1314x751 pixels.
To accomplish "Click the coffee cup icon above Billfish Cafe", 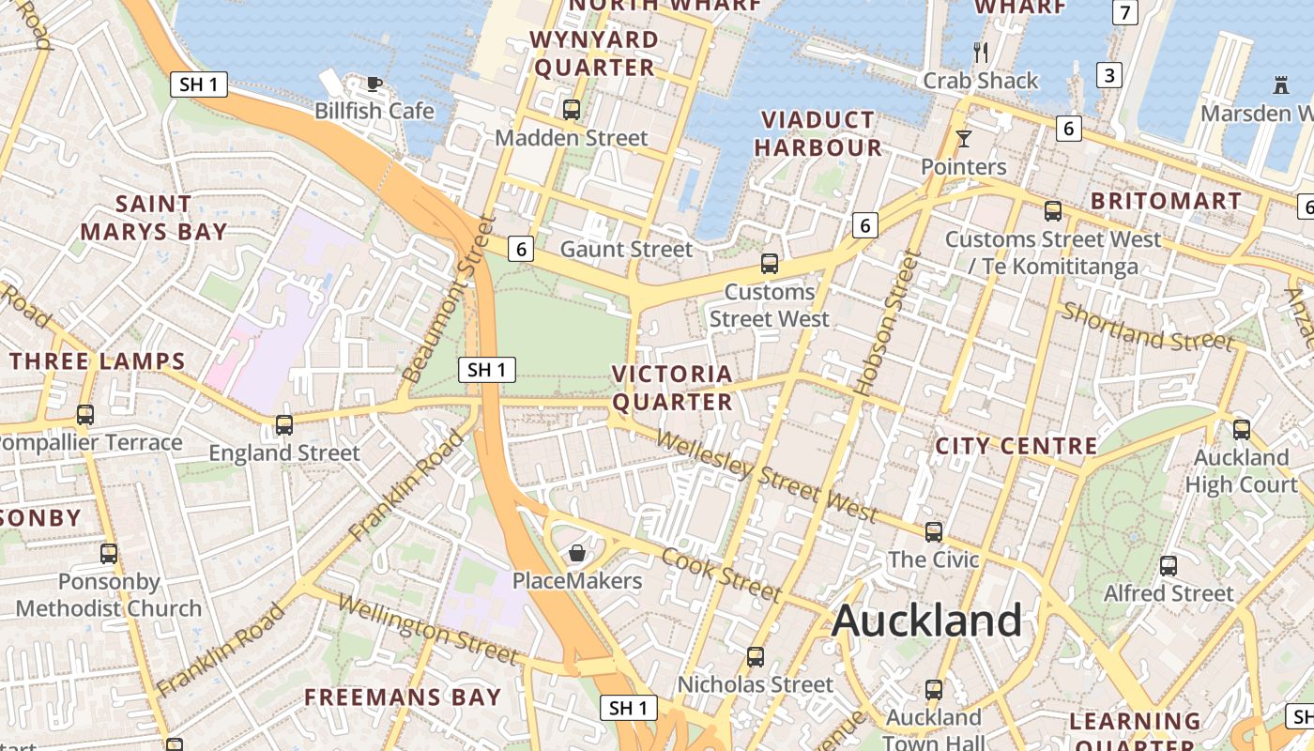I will [374, 84].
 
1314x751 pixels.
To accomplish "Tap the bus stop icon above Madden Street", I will [572, 110].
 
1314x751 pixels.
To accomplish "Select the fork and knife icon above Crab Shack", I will [981, 53].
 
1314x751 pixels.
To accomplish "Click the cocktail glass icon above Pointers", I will [963, 140].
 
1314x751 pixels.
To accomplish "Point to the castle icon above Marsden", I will [1280, 85].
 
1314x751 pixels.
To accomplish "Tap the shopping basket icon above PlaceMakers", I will [577, 554].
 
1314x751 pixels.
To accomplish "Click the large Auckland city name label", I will [926, 621].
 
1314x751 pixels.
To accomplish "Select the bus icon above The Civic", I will [933, 532].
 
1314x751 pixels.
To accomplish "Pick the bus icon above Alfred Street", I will [1168, 566].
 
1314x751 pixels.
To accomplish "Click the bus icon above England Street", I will [283, 425].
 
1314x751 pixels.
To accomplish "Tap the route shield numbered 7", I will [1124, 12].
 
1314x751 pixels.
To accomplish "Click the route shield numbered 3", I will [1109, 75].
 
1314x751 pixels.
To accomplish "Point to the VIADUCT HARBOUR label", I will [817, 134].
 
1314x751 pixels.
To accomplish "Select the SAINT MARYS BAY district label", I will [153, 218].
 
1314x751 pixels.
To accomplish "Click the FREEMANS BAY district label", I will [403, 697].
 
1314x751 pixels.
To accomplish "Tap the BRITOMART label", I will [1166, 201].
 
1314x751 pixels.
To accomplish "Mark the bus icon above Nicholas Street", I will [755, 657].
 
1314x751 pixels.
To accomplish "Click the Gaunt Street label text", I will [626, 250].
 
